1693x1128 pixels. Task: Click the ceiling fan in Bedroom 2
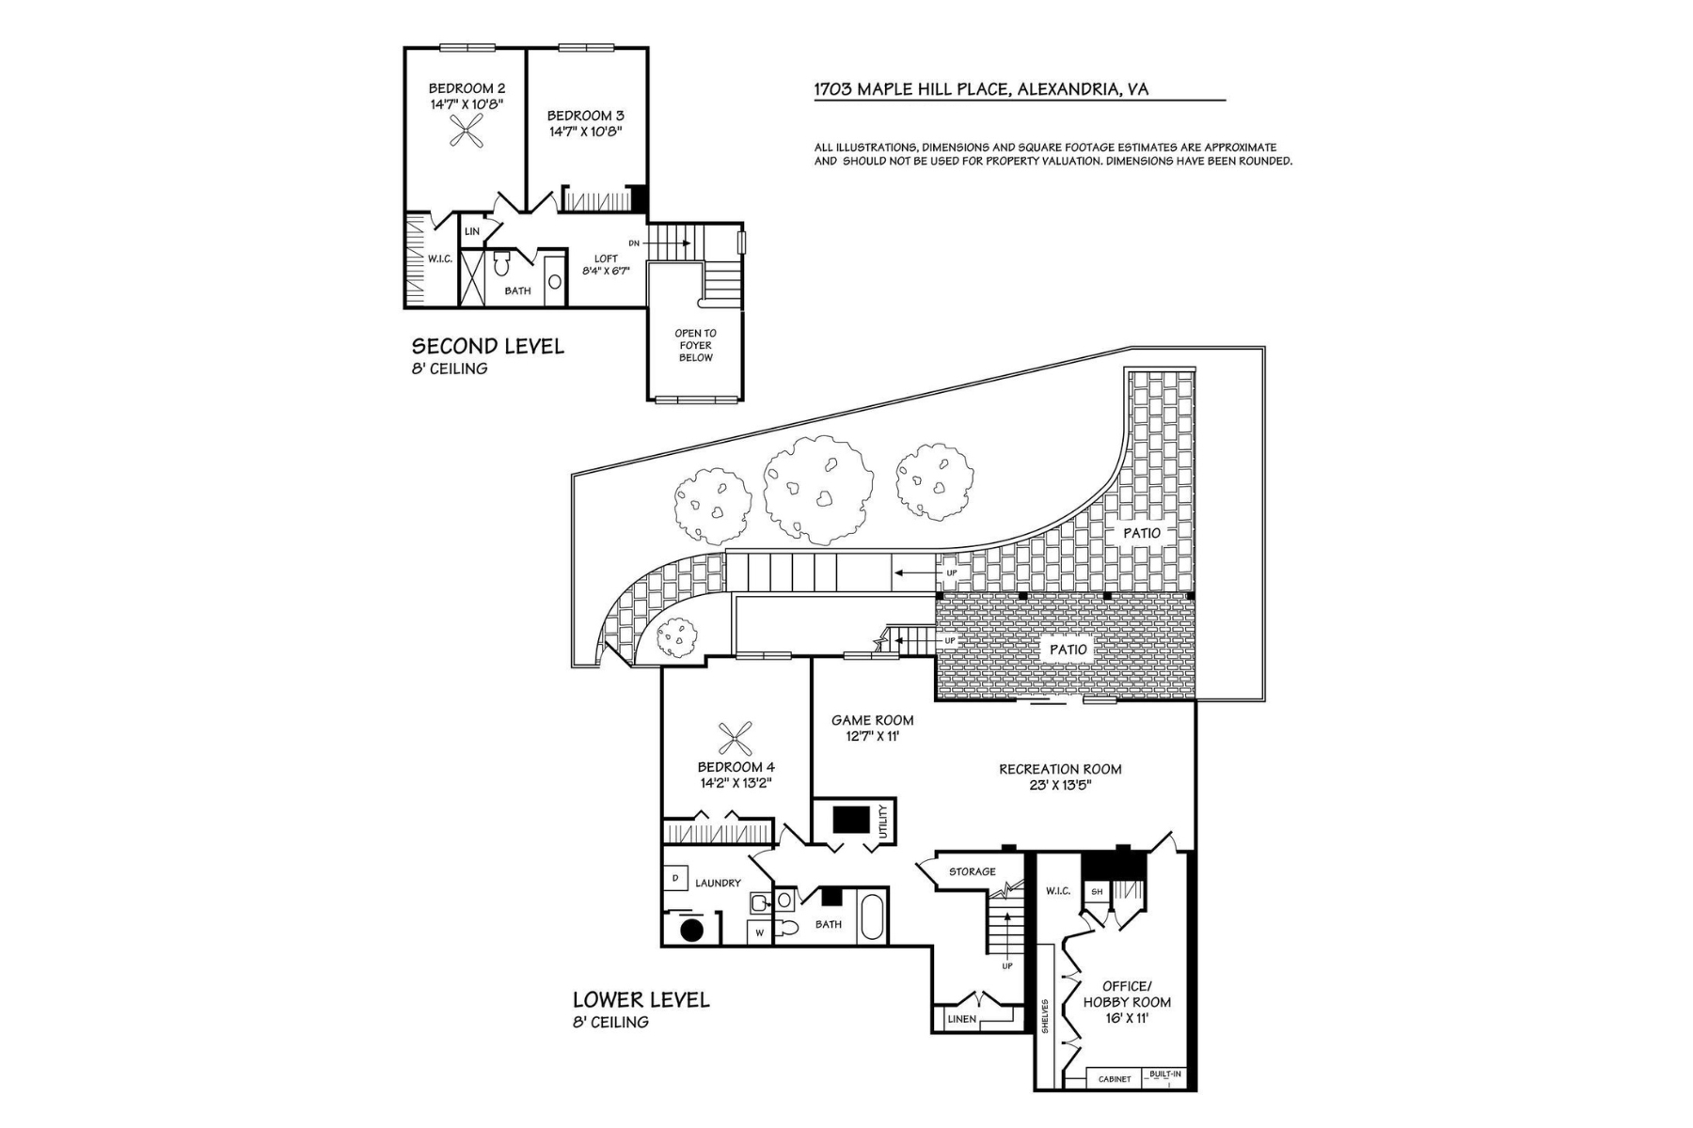tap(467, 131)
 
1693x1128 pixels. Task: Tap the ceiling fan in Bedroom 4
tap(736, 738)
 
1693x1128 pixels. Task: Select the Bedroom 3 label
tap(585, 123)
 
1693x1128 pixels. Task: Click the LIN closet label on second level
tap(472, 231)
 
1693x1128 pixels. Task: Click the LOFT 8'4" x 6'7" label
tap(606, 264)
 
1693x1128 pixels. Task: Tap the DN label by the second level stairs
tap(634, 243)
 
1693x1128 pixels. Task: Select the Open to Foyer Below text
tap(695, 345)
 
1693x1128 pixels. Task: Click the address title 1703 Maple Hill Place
tap(981, 90)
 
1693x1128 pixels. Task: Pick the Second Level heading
tap(487, 346)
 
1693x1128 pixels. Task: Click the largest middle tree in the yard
tap(817, 491)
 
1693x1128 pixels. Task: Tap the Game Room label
tap(872, 728)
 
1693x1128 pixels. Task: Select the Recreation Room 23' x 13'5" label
tap(1060, 775)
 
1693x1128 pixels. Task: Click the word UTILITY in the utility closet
tap(883, 822)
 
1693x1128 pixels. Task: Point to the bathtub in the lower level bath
tap(872, 917)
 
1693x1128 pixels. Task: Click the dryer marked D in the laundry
tap(675, 879)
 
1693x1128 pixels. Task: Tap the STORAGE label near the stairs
tap(972, 871)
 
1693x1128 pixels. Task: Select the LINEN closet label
tap(962, 1019)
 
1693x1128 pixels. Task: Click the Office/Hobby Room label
tap(1127, 994)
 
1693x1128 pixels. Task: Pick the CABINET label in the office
tap(1115, 1079)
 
